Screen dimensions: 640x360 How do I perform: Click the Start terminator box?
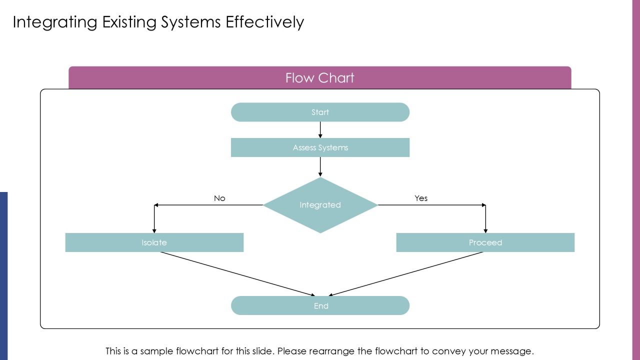(x=320, y=112)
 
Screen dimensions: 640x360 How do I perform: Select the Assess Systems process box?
(x=320, y=147)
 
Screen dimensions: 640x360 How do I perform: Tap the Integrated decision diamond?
(x=320, y=205)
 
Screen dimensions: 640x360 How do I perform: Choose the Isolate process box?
(x=154, y=242)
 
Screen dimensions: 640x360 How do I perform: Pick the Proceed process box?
(x=485, y=242)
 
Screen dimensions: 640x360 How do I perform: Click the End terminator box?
(x=320, y=305)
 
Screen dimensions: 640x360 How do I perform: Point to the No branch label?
(x=219, y=198)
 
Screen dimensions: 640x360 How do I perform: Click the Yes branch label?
(x=421, y=198)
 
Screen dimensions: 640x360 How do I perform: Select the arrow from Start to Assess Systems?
(x=320, y=130)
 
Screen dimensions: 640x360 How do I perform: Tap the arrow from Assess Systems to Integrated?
(x=320, y=167)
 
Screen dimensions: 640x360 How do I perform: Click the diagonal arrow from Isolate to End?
(x=237, y=274)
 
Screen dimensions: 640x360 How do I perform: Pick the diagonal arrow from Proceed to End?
(x=405, y=274)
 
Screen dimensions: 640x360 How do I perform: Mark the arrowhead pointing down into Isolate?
(x=154, y=231)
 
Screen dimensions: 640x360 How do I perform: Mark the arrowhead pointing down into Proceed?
(x=485, y=231)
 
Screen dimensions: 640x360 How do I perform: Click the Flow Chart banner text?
(x=319, y=77)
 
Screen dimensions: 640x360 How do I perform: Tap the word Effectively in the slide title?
(x=265, y=22)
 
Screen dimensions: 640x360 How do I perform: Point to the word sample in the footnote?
(x=157, y=351)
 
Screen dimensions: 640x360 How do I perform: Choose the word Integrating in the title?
(x=55, y=22)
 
